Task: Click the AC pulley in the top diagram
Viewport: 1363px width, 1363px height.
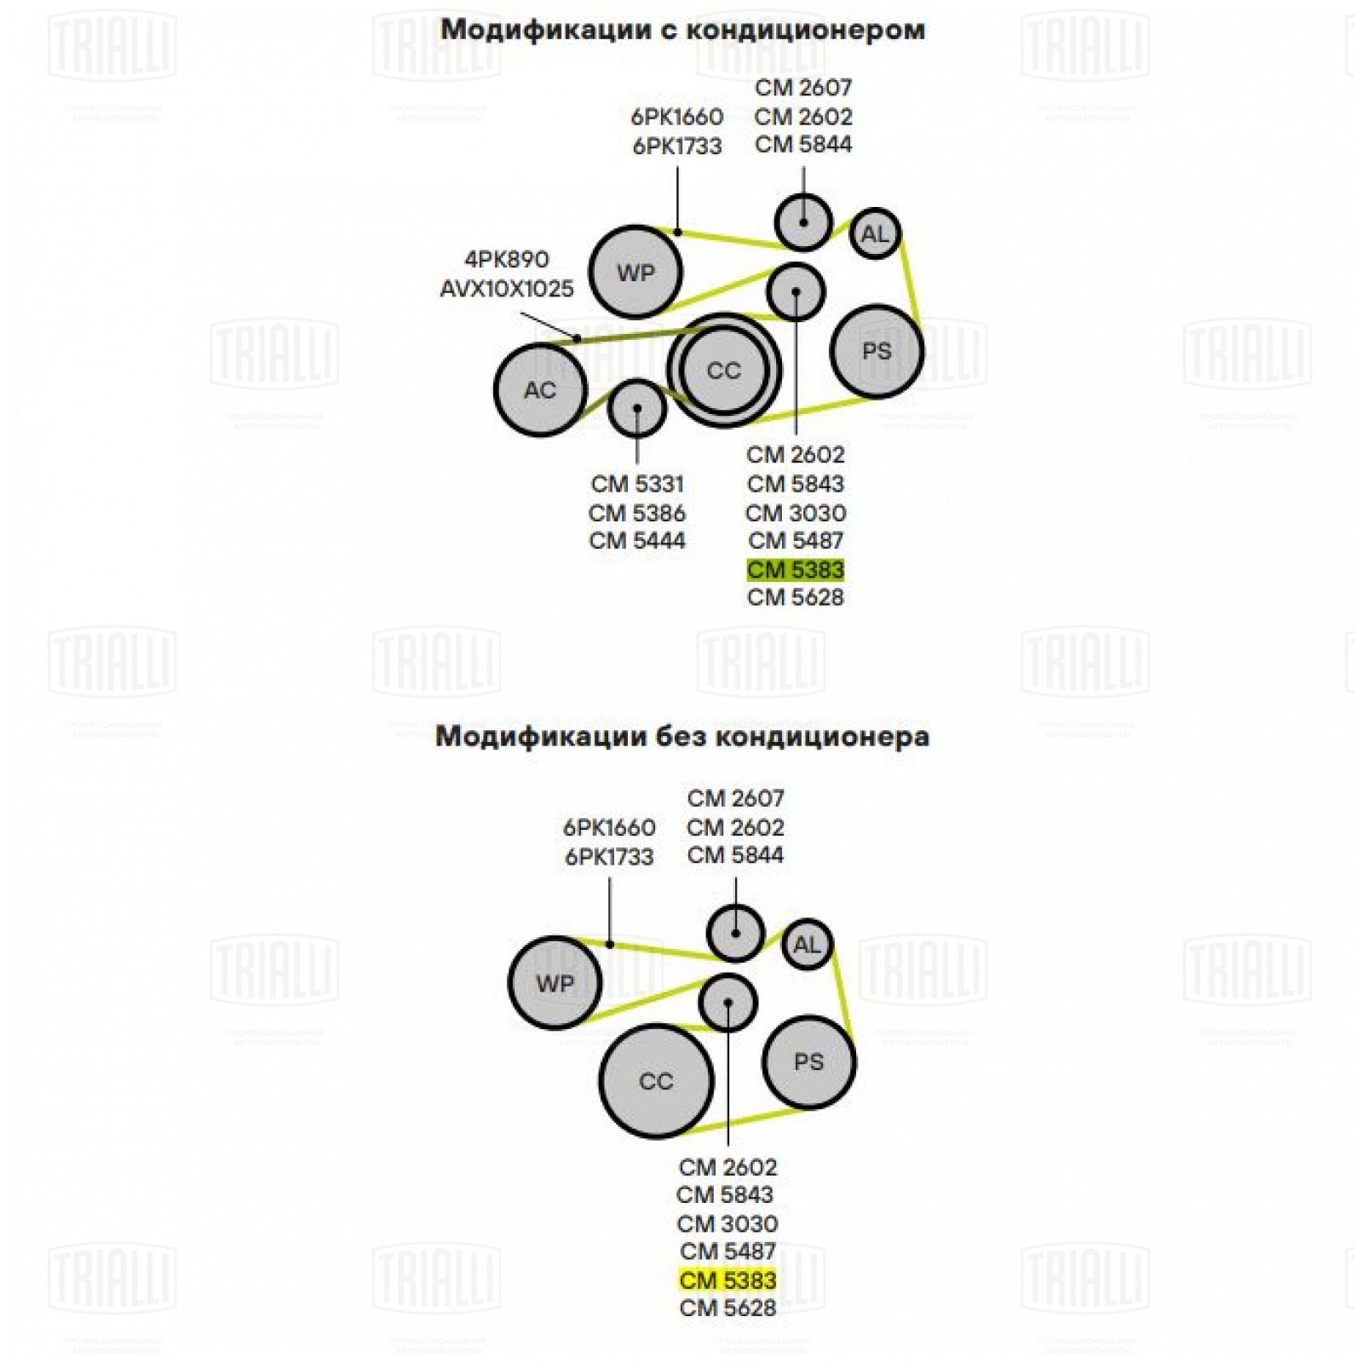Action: [x=540, y=389]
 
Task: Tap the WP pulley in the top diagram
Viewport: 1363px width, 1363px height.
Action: [x=635, y=273]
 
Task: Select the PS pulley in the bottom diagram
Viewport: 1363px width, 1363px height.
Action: [x=808, y=1061]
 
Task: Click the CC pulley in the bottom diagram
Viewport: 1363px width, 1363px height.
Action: [x=656, y=1081]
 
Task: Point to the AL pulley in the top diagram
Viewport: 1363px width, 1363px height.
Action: [x=875, y=233]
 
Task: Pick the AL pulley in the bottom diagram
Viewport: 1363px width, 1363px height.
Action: [x=807, y=945]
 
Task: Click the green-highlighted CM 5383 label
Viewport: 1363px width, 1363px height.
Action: [x=796, y=570]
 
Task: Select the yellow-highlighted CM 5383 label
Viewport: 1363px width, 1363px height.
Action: [x=728, y=1280]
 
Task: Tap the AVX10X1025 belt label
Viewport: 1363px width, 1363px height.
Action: [x=507, y=289]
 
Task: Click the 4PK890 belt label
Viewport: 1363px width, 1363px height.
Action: [x=507, y=259]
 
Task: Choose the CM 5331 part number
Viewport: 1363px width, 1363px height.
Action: [x=637, y=484]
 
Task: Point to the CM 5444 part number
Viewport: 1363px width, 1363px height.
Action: [x=637, y=540]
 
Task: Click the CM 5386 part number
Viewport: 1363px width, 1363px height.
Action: [x=637, y=513]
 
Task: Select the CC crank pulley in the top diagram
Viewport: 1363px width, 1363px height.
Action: [x=724, y=371]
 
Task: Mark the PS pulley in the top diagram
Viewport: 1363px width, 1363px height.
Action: [x=877, y=351]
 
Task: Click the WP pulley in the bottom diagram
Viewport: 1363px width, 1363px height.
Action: [x=555, y=983]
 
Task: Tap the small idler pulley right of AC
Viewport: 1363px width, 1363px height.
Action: [x=637, y=409]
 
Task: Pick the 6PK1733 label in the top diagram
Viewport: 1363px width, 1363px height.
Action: [x=677, y=147]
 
